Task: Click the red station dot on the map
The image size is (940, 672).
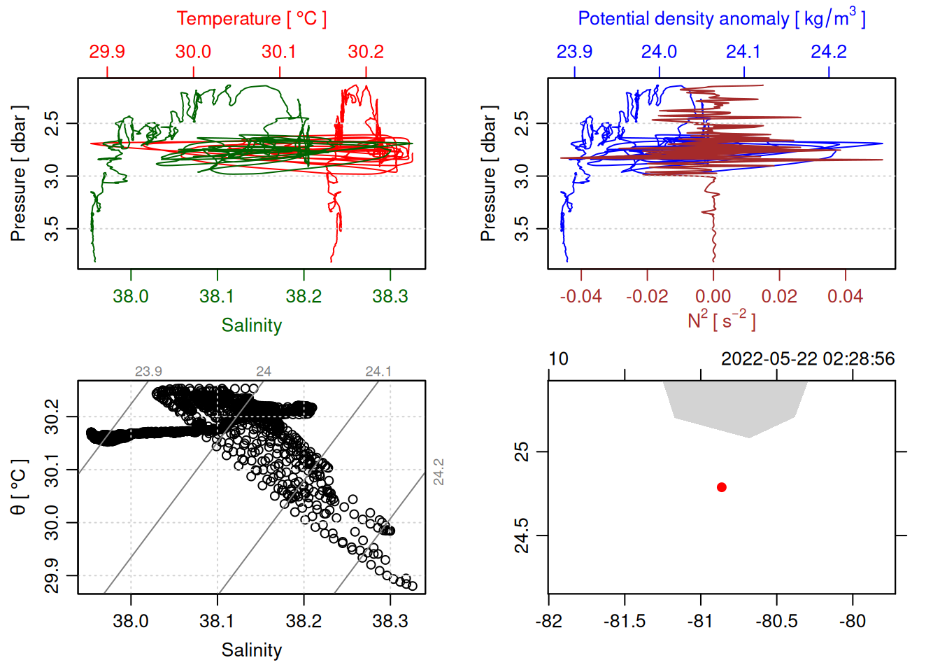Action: pyautogui.click(x=722, y=487)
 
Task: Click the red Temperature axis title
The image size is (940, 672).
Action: pyautogui.click(x=251, y=19)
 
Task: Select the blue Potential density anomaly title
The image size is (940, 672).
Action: pyautogui.click(x=721, y=19)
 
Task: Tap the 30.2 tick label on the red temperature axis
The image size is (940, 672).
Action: pyautogui.click(x=366, y=52)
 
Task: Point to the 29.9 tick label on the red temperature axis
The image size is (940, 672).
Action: pyautogui.click(x=107, y=52)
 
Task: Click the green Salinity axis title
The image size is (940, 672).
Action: pyautogui.click(x=251, y=325)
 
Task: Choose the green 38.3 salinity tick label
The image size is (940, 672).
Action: pyautogui.click(x=390, y=296)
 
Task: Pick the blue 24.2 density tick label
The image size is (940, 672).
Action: pyautogui.click(x=829, y=52)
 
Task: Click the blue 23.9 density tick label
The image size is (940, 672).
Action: pyautogui.click(x=574, y=52)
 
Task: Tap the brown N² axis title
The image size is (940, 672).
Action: pyautogui.click(x=721, y=320)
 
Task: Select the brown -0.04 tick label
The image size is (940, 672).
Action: pyautogui.click(x=581, y=296)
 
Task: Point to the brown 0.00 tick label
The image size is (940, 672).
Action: pyautogui.click(x=713, y=296)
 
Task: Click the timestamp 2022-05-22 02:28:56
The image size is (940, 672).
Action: pyautogui.click(x=808, y=359)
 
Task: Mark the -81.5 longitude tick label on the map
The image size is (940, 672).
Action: pyautogui.click(x=624, y=621)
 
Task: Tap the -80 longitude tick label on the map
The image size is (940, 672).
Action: pyautogui.click(x=852, y=621)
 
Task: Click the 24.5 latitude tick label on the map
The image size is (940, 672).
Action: pyautogui.click(x=522, y=535)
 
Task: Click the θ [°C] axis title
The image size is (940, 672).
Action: pyautogui.click(x=18, y=486)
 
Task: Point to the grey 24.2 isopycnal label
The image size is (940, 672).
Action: pyautogui.click(x=439, y=472)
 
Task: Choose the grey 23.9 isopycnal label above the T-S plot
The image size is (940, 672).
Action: pyautogui.click(x=148, y=372)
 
